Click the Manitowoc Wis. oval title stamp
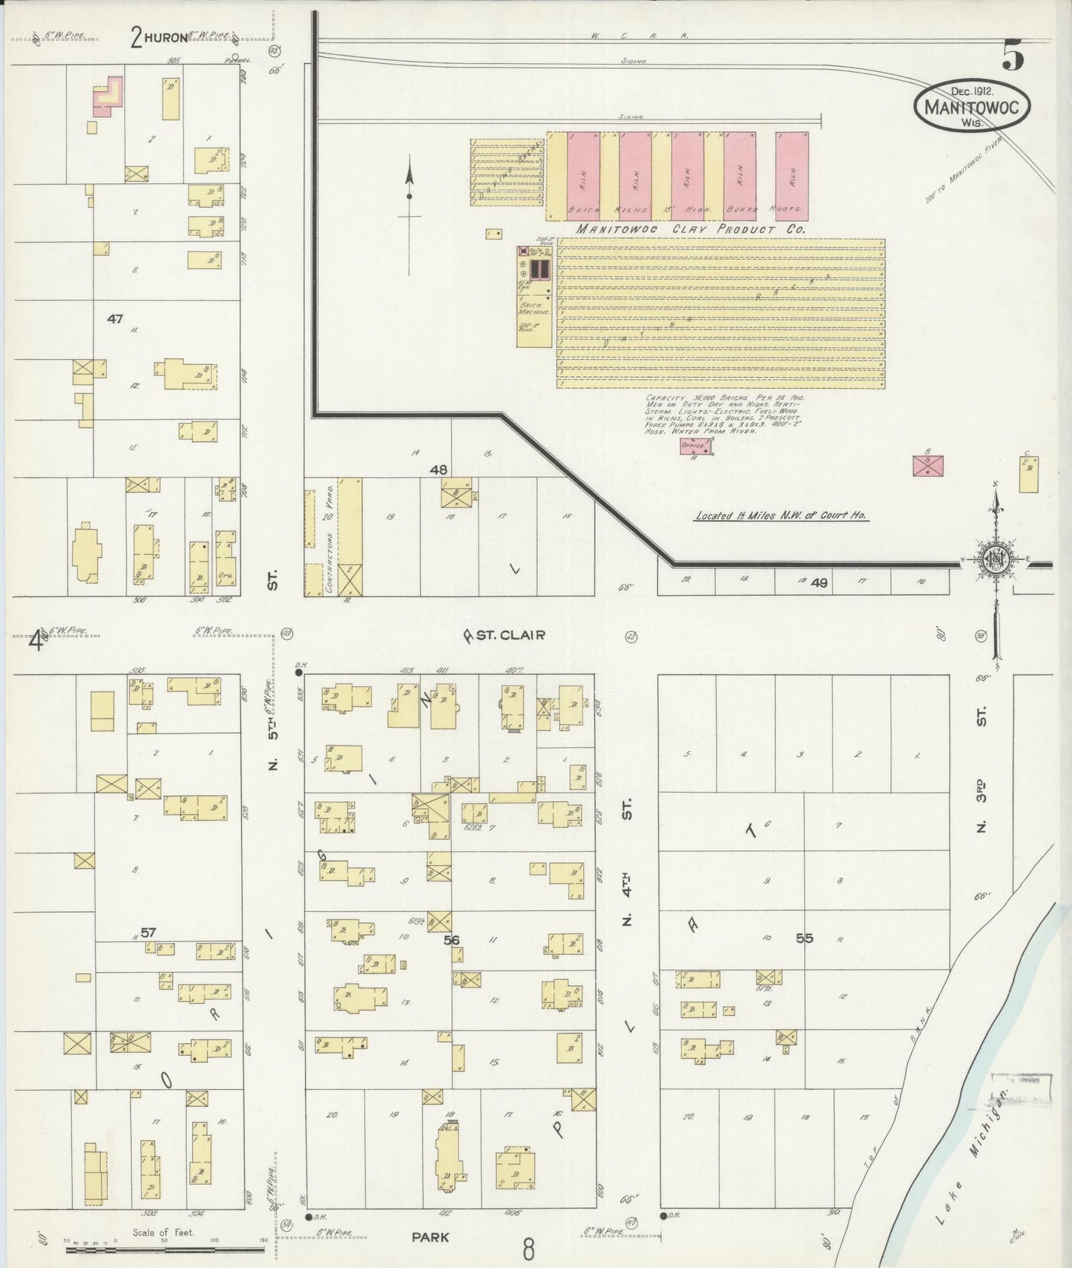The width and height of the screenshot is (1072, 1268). pyautogui.click(x=972, y=106)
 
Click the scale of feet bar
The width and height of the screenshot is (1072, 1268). pyautogui.click(x=165, y=1249)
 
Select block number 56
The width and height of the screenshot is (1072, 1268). pyautogui.click(x=451, y=940)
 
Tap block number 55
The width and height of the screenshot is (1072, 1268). pyautogui.click(x=804, y=939)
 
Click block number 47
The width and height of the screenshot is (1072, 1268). pyautogui.click(x=114, y=319)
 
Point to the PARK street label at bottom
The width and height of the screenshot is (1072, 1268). pyautogui.click(x=430, y=1238)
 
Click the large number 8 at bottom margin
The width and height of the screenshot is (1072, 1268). pyautogui.click(x=527, y=1249)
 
